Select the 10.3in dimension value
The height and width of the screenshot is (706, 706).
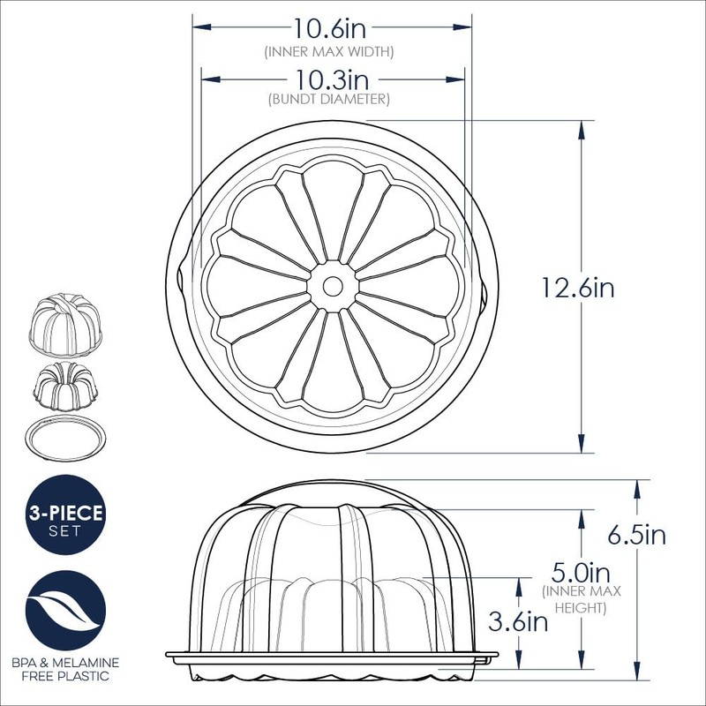coord(327,79)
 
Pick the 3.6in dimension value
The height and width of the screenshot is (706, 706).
coord(519,621)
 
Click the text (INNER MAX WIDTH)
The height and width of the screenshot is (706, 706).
coord(328,52)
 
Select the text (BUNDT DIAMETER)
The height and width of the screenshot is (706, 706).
coord(328,100)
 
